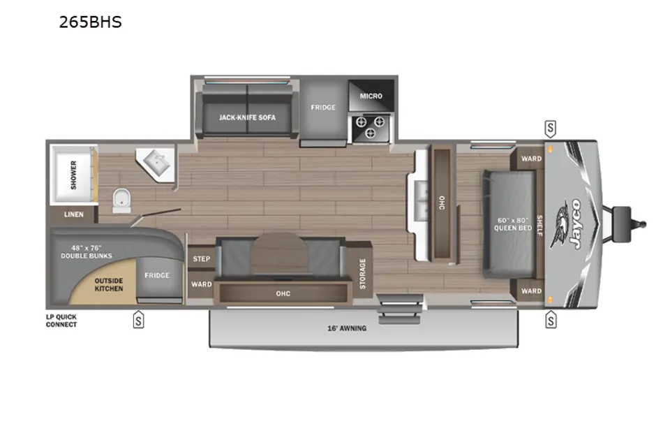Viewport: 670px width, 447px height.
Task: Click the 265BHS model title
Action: [90, 22]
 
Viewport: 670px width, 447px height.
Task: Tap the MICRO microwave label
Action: [371, 96]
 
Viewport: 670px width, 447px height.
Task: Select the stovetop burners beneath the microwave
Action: [370, 128]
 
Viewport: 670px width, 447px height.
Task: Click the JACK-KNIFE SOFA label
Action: [247, 117]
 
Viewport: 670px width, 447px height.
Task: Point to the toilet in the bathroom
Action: [121, 200]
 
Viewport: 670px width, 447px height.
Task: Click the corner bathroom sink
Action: [156, 164]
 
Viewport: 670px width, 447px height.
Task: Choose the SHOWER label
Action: [73, 175]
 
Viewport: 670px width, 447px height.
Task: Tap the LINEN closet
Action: [73, 214]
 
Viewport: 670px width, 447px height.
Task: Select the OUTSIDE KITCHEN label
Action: [109, 284]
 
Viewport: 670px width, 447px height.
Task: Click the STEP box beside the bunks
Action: [201, 258]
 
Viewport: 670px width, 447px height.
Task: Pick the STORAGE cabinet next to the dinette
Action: [362, 273]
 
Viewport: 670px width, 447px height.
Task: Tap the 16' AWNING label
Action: [347, 328]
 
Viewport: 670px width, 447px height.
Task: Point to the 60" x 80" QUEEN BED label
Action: [513, 224]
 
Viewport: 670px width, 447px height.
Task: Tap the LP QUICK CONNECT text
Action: [61, 321]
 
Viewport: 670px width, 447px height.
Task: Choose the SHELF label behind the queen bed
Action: [539, 226]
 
